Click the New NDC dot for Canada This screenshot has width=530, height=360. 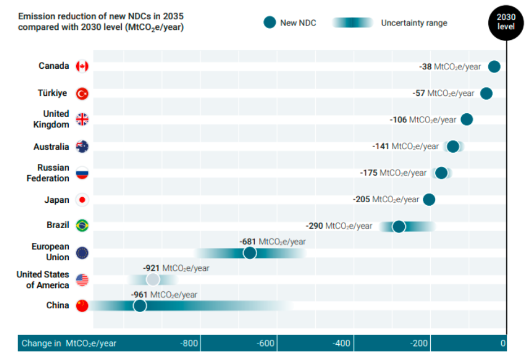[494, 66]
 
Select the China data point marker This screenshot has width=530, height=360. [140, 305]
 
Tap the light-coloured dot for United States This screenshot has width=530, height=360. [153, 279]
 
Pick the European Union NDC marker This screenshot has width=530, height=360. [250, 252]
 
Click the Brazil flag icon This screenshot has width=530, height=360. [82, 225]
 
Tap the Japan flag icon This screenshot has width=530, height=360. [82, 200]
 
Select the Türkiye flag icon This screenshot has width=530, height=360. [82, 94]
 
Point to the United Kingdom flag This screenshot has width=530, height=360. [82, 119]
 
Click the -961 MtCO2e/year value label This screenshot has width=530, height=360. [164, 295]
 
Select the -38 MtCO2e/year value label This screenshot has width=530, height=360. [450, 66]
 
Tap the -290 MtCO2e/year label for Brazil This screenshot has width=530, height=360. [339, 226]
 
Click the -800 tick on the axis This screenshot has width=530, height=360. [189, 343]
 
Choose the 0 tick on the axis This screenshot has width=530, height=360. [502, 343]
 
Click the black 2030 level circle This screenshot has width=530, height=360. [506, 21]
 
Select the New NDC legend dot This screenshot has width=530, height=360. [270, 23]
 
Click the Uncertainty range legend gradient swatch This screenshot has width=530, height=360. [352, 23]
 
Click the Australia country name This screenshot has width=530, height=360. [51, 147]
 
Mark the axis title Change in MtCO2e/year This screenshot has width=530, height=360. [69, 343]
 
